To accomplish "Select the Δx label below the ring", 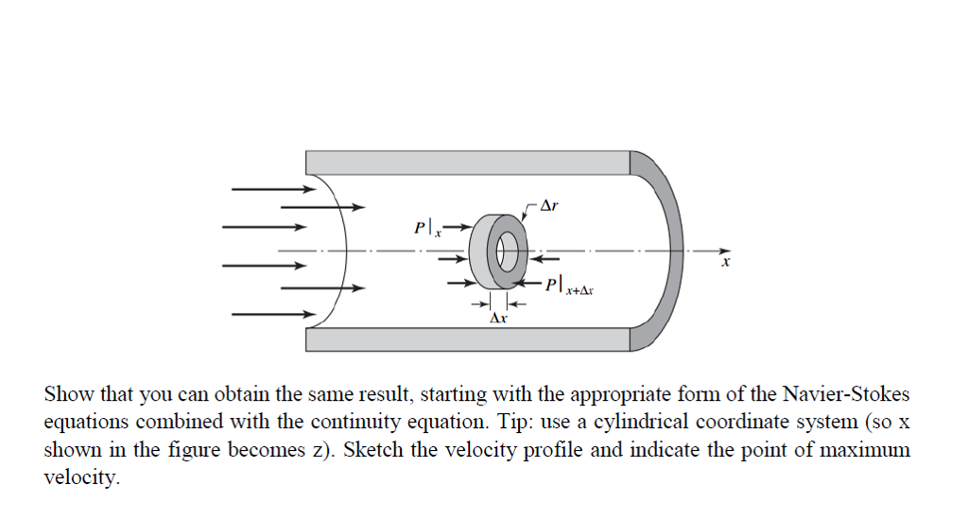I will coord(497,320).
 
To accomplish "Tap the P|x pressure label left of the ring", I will coord(424,229).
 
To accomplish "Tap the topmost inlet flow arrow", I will coord(267,189).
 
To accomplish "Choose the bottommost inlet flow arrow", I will coord(270,314).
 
